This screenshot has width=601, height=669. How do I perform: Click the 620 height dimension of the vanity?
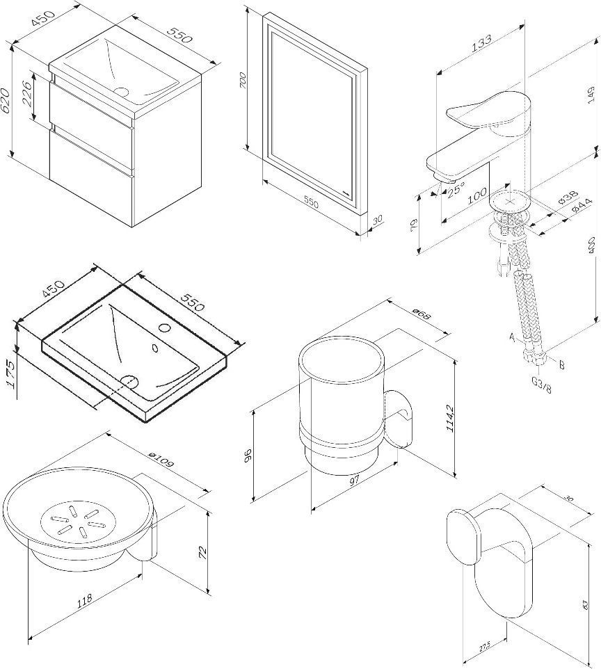click(7, 102)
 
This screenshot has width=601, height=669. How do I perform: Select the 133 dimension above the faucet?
click(481, 42)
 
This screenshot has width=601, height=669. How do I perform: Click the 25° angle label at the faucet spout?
click(456, 189)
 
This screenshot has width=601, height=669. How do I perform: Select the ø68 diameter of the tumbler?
click(419, 315)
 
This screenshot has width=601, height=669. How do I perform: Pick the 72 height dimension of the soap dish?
click(203, 552)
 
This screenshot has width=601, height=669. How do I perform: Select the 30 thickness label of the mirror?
click(377, 220)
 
